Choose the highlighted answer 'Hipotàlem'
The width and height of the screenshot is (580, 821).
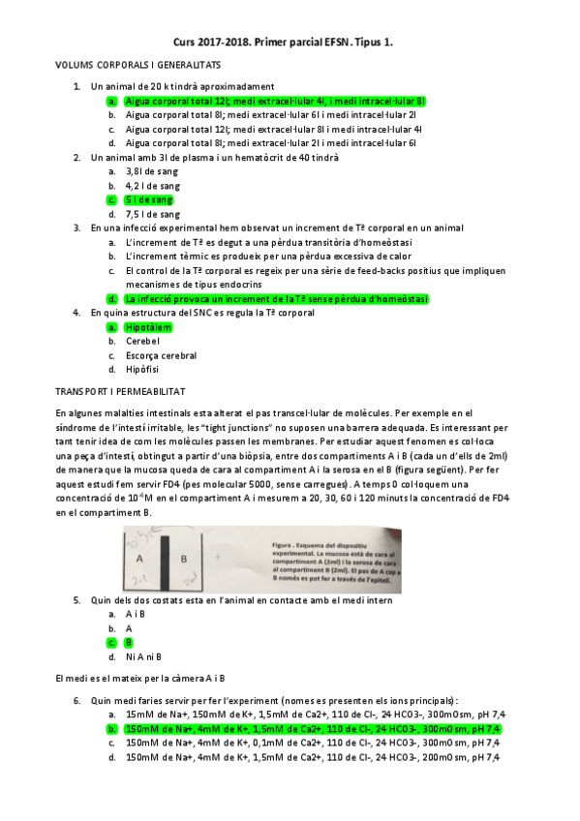pyautogui.click(x=148, y=327)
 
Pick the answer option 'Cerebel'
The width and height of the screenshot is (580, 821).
pyautogui.click(x=142, y=341)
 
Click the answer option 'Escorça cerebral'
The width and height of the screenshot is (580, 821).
pyautogui.click(x=161, y=355)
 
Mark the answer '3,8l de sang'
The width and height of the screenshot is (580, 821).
pyautogui.click(x=151, y=171)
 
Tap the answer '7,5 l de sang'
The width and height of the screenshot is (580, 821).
pyautogui.click(x=152, y=214)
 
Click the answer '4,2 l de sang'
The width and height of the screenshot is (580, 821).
pyautogui.click(x=152, y=185)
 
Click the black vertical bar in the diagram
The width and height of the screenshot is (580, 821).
pyautogui.click(x=167, y=564)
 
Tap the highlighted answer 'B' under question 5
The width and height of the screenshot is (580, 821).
pyautogui.click(x=129, y=642)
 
